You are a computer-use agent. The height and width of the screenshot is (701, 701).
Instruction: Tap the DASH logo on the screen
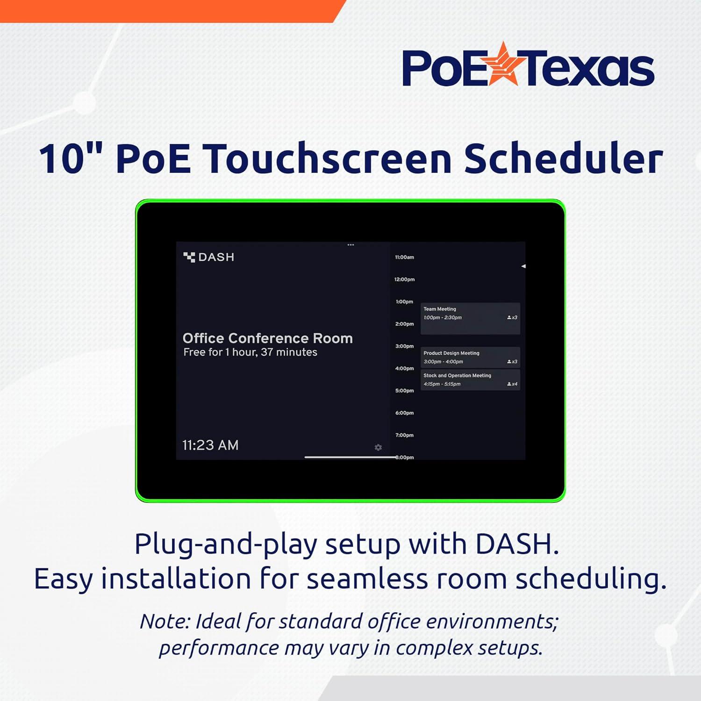click(x=209, y=257)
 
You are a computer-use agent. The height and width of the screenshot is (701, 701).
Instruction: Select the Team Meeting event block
click(x=470, y=318)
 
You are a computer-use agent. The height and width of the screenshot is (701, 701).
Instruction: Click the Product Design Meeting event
click(x=470, y=358)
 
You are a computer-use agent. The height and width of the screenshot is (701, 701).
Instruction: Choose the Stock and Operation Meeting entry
click(x=470, y=379)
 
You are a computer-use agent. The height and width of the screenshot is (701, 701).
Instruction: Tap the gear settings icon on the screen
click(x=378, y=448)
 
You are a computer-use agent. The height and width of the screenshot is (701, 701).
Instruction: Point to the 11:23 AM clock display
click(x=210, y=445)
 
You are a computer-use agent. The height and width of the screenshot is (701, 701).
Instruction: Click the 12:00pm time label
click(x=404, y=279)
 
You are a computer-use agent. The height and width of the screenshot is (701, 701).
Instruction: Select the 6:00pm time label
click(x=404, y=413)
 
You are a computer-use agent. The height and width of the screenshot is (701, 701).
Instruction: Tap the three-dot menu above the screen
click(x=350, y=245)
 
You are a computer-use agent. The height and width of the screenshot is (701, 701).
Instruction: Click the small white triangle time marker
click(x=523, y=266)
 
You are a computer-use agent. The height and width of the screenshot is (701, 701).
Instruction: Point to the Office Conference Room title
click(x=267, y=338)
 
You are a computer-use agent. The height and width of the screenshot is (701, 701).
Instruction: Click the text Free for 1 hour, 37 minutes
click(x=250, y=352)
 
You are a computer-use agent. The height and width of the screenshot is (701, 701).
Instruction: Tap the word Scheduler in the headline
click(x=563, y=159)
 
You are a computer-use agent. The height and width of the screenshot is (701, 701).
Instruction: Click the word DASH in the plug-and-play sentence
click(x=516, y=544)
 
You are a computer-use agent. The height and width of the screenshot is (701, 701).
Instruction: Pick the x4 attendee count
click(x=513, y=384)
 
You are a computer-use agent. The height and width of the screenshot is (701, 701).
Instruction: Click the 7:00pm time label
click(x=404, y=436)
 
